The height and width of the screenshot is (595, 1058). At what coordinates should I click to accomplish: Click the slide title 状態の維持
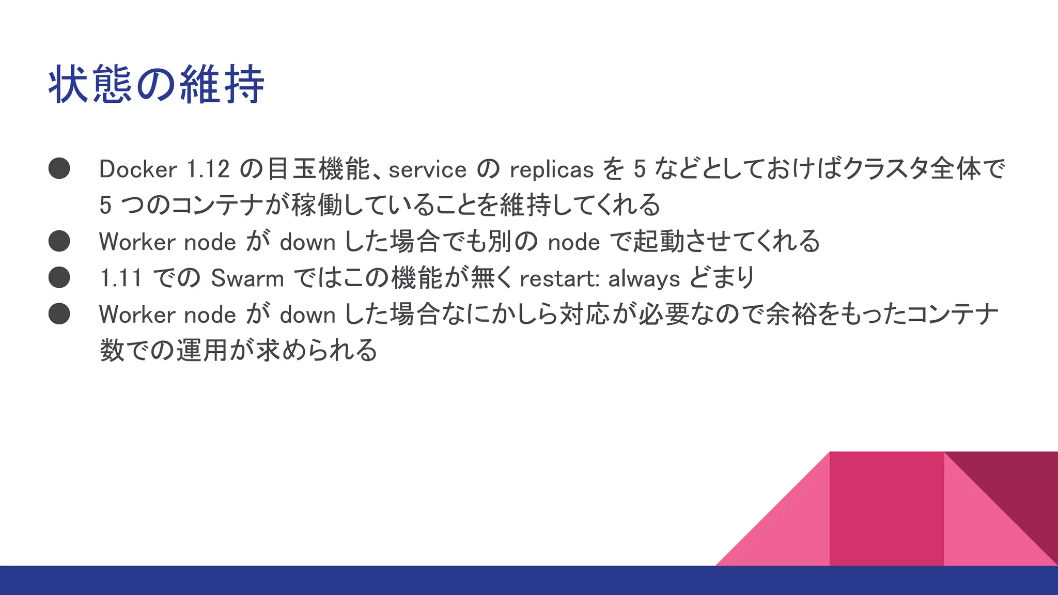click(157, 85)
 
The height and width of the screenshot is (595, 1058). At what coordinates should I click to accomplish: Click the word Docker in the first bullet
click(138, 169)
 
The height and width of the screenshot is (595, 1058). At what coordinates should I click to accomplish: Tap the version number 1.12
click(208, 169)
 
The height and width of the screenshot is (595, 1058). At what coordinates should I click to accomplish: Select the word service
click(427, 170)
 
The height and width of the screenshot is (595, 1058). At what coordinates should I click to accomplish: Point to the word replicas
click(551, 170)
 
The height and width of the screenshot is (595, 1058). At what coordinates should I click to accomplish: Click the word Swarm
click(247, 279)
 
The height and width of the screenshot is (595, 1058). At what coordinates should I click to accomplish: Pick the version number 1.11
click(120, 279)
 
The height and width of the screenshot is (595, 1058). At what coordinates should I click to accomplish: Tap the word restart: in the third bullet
click(559, 279)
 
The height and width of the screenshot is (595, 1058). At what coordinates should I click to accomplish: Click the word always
click(644, 279)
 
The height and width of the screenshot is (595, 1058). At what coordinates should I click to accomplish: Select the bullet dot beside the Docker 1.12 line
click(59, 168)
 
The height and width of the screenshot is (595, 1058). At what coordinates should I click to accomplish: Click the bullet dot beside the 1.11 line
click(59, 277)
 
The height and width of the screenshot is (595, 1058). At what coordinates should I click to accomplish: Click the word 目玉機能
click(319, 169)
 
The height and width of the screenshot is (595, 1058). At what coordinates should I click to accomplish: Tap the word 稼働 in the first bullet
click(317, 206)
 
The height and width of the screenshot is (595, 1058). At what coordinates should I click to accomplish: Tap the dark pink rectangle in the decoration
click(886, 509)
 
